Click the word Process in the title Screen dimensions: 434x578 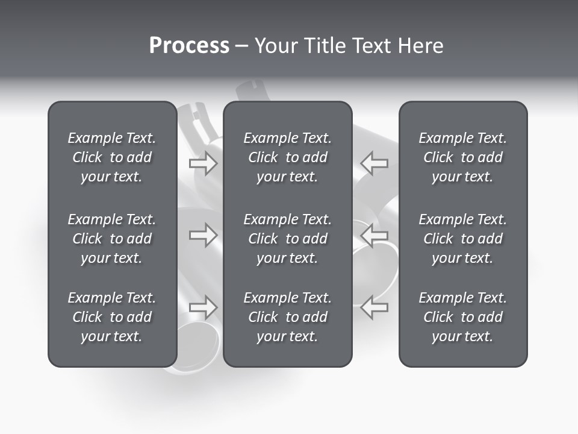click(189, 46)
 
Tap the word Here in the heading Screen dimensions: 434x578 click(421, 46)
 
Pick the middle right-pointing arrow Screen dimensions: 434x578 click(204, 236)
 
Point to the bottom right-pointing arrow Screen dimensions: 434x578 click(204, 307)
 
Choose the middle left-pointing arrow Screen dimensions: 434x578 click(374, 236)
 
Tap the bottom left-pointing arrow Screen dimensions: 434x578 click(374, 307)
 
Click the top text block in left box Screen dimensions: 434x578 click(112, 157)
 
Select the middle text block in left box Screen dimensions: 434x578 click(112, 239)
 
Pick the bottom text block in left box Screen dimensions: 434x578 click(112, 317)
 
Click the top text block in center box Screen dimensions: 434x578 click(287, 157)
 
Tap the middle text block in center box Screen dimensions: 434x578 click(287, 239)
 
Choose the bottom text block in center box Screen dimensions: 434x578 click(287, 317)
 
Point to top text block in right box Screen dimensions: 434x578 click(462, 157)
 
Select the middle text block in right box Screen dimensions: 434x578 click(462, 239)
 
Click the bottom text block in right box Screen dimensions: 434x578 click(462, 317)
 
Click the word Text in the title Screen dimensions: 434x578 click(371, 46)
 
